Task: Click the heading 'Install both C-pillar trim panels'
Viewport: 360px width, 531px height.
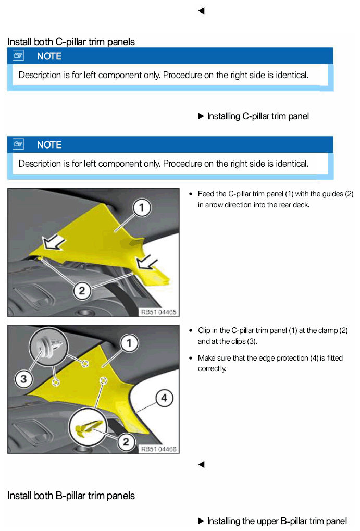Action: (x=71, y=42)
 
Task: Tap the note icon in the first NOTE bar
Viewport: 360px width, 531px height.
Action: (x=18, y=56)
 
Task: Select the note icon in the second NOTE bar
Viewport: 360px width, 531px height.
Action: (x=18, y=144)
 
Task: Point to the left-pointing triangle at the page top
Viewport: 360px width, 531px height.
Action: (x=201, y=11)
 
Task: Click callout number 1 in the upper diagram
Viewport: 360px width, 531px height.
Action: (x=142, y=207)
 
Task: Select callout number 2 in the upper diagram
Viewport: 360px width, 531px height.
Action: (x=82, y=291)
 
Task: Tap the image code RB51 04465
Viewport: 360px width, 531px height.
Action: (x=158, y=312)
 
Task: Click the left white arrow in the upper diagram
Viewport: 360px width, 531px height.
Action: (x=54, y=242)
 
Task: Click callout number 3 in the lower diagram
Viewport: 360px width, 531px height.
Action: (x=23, y=379)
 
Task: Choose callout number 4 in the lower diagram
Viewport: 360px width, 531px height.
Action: (x=164, y=398)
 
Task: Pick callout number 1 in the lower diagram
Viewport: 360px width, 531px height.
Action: (x=129, y=343)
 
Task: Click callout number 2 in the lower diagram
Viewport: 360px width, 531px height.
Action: (x=126, y=441)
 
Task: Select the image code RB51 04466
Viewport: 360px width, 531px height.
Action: (x=158, y=449)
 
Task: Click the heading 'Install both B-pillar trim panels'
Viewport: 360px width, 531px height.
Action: (x=71, y=496)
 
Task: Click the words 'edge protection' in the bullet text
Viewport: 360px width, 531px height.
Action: (x=277, y=358)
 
